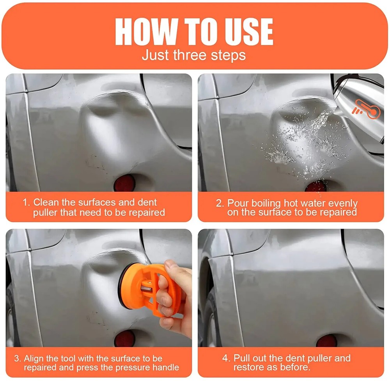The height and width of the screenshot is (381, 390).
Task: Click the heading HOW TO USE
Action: (194, 31)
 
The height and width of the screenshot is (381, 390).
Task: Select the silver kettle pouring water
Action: (357, 98)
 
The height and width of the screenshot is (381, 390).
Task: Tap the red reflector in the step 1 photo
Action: (124, 182)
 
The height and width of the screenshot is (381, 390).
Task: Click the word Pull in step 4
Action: (242, 358)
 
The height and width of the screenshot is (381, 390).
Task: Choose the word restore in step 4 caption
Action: (249, 368)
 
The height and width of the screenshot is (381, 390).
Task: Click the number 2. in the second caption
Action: (220, 203)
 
